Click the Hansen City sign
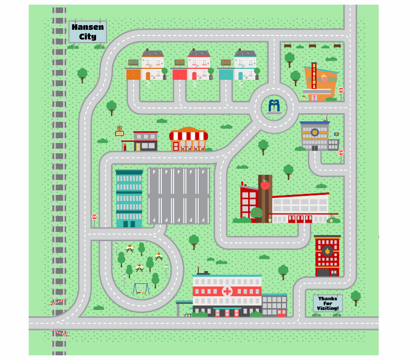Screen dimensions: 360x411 pyautogui.click(x=87, y=32)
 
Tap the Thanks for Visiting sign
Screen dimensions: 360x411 pyautogui.click(x=328, y=303)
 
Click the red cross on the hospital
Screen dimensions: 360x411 pyautogui.click(x=227, y=292)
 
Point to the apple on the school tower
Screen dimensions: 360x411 pyautogui.click(x=265, y=185)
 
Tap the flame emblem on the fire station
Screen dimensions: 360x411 pyautogui.click(x=327, y=251)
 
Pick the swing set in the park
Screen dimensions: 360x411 pyautogui.click(x=141, y=289)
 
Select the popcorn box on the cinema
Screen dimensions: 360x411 pyautogui.click(x=324, y=78)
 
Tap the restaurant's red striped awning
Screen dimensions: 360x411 pyautogui.click(x=189, y=136)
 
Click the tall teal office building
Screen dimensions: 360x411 pyautogui.click(x=129, y=199)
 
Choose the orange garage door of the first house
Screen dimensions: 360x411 pyautogui.click(x=134, y=75)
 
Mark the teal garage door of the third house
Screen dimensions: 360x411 pyautogui.click(x=226, y=75)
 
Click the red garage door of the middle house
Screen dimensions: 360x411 pyautogui.click(x=179, y=75)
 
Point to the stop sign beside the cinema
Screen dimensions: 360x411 pyautogui.click(x=341, y=91)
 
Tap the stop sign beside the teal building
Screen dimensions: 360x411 pyautogui.click(x=95, y=217)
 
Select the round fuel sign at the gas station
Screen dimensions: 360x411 pyautogui.click(x=119, y=128)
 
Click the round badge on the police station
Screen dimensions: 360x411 pyautogui.click(x=314, y=132)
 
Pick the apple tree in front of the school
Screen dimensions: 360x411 pyautogui.click(x=256, y=213)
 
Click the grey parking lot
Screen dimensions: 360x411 pyautogui.click(x=178, y=195)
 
